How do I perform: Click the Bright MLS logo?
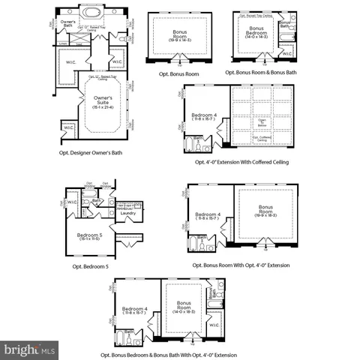tap(30, 349)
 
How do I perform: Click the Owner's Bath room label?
tap(67, 24)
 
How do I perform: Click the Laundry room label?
tap(127, 214)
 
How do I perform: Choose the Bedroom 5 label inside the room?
tap(90, 237)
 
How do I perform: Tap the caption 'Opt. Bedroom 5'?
tap(91, 266)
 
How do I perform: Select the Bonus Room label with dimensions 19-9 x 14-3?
tap(181, 35)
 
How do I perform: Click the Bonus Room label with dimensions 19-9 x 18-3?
tap(266, 211)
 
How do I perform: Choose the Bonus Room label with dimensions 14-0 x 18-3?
tap(184, 308)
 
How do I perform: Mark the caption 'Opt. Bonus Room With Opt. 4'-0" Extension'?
tap(241, 265)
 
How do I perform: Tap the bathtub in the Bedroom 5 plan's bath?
tap(88, 201)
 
